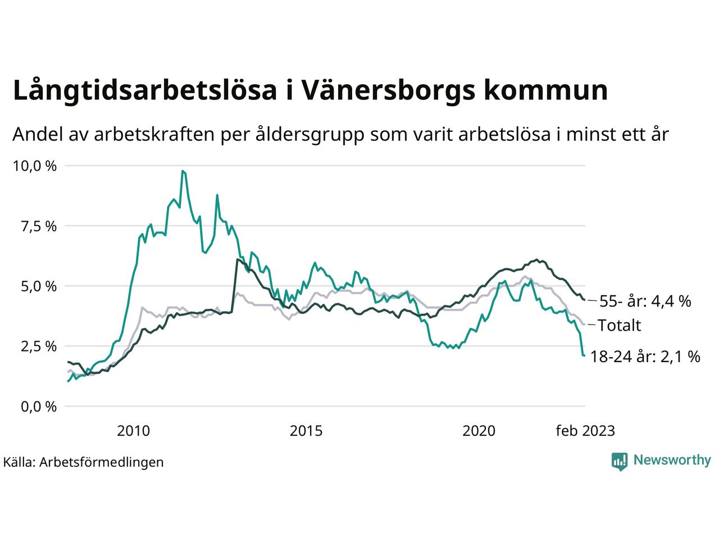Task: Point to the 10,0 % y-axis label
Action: [x=35, y=166]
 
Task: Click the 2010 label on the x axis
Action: [x=134, y=431]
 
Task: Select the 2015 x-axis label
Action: [x=306, y=431]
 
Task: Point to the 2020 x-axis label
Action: [x=479, y=431]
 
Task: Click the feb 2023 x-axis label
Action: [x=585, y=431]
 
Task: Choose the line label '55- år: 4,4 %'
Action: [x=645, y=302]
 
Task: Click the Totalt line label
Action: [x=619, y=326]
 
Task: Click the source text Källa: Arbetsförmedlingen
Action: [x=84, y=462]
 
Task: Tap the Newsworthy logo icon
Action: [x=620, y=461]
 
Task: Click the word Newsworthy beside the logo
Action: [x=672, y=460]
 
